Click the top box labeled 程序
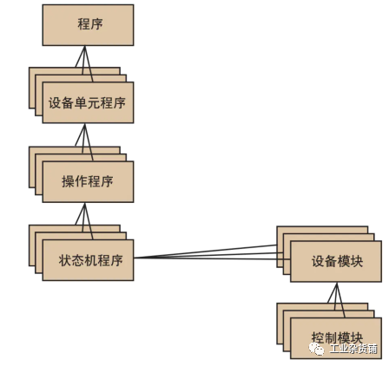point(88,25)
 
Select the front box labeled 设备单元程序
point(88,102)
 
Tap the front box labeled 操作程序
point(88,181)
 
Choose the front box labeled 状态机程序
point(88,260)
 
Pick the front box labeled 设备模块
point(336,261)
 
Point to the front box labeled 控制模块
point(336,338)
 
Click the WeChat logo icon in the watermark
point(316,349)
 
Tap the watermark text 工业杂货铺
point(353,349)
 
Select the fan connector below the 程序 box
point(84,63)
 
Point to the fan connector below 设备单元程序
point(84,142)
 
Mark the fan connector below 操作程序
point(84,221)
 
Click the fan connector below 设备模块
point(337,300)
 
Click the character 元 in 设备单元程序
point(94,103)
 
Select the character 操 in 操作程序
point(68,182)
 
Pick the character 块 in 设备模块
point(357,262)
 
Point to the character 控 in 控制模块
point(318,337)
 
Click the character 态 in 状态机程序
point(78,260)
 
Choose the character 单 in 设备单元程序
point(81,103)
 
